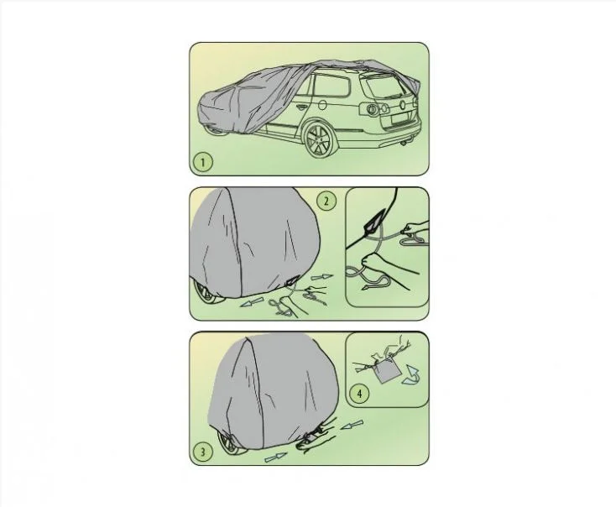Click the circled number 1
(203, 162)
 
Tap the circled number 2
(326, 201)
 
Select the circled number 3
(203, 452)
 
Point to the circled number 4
(359, 394)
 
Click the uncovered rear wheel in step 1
(319, 139)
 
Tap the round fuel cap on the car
(321, 105)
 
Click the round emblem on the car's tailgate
(402, 105)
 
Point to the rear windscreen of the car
(384, 86)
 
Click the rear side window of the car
(331, 86)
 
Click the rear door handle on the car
(302, 106)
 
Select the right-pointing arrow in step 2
(322, 277)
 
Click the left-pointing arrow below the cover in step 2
(252, 302)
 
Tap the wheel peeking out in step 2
(207, 294)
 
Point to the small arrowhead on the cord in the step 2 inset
(367, 288)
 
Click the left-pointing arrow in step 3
(352, 425)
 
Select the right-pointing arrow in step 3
(276, 457)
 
